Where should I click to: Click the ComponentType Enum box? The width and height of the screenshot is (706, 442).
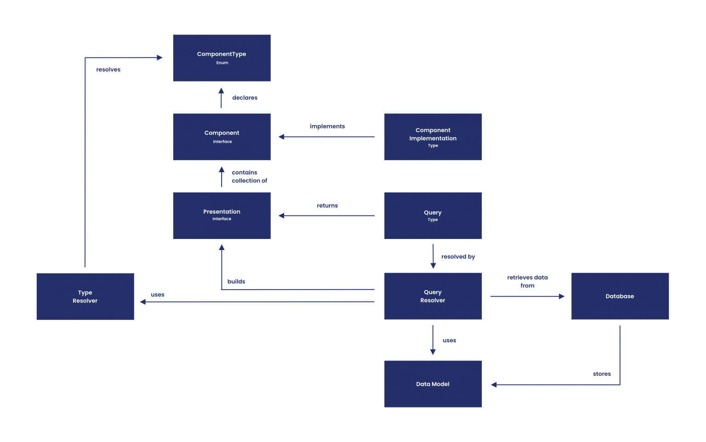[222, 58]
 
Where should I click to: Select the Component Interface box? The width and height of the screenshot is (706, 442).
[222, 137]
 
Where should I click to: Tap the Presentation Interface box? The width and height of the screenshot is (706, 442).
[222, 215]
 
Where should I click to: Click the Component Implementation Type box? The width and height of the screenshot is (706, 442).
[433, 137]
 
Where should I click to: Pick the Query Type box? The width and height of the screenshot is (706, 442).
[433, 215]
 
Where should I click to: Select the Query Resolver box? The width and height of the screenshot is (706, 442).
[433, 296]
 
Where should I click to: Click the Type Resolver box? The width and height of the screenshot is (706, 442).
[85, 297]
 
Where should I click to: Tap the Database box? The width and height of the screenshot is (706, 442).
[620, 296]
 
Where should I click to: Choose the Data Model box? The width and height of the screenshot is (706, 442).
[433, 384]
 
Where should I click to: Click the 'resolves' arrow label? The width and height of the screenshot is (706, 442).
[108, 70]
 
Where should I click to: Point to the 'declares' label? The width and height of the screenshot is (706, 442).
[245, 98]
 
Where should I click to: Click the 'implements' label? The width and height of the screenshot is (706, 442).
[327, 126]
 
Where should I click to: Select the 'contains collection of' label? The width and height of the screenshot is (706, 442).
[249, 176]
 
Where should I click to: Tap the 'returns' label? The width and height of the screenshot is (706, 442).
[327, 205]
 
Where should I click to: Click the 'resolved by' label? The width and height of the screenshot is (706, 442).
[458, 256]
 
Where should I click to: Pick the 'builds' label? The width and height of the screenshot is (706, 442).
[236, 281]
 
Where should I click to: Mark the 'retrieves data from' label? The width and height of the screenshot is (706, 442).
[527, 281]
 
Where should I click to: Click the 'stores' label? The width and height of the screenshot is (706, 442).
[602, 374]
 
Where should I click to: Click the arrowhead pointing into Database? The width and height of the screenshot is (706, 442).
[561, 297]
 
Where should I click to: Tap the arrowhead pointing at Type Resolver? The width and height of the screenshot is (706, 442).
[143, 302]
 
